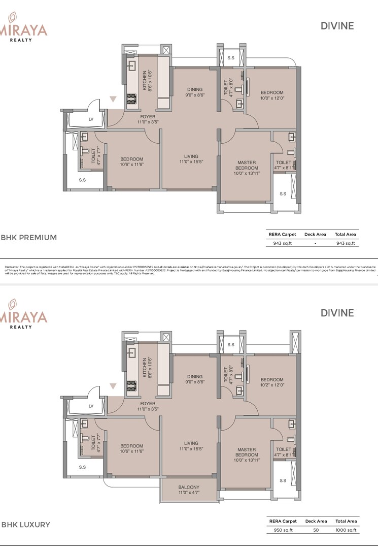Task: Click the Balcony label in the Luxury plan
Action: [189, 486]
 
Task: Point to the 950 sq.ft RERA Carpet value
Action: [283, 530]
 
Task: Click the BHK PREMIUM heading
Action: [29, 237]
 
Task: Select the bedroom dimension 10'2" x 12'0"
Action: [272, 385]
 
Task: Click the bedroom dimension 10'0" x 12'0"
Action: [272, 98]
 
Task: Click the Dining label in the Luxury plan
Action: [194, 377]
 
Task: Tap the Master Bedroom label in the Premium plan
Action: [247, 166]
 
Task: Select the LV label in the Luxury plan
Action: [91, 406]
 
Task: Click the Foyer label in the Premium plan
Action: [148, 117]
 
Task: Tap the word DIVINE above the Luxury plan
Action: [337, 312]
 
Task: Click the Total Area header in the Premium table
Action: [345, 235]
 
